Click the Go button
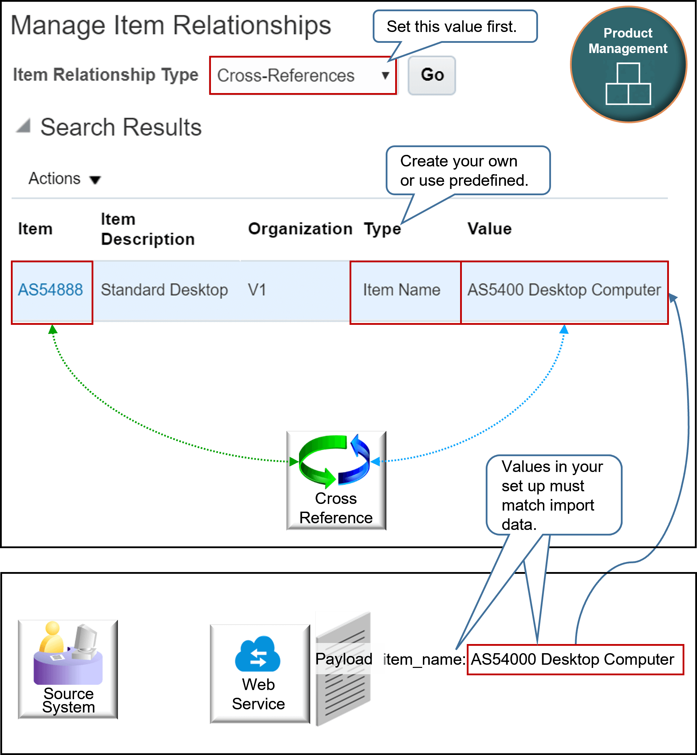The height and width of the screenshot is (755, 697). click(x=432, y=75)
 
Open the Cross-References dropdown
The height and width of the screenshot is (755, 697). click(x=303, y=75)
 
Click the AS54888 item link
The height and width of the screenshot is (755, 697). click(x=51, y=290)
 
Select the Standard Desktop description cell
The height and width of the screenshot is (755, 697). click(x=165, y=290)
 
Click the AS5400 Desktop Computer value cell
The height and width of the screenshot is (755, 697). click(x=564, y=290)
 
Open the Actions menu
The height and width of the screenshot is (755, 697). click(x=65, y=178)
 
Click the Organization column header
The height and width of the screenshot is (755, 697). click(x=300, y=229)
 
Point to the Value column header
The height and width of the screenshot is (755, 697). click(x=490, y=229)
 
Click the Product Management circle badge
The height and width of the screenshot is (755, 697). click(x=628, y=65)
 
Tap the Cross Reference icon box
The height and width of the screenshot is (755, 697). click(x=336, y=480)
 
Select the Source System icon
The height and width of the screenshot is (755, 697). click(x=68, y=669)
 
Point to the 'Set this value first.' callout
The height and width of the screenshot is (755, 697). click(x=455, y=26)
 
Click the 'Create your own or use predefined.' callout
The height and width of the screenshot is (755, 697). click(x=468, y=171)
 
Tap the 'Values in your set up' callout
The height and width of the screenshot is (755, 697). click(x=554, y=495)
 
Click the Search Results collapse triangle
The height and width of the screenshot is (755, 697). click(x=24, y=126)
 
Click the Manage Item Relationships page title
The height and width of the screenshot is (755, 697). click(x=171, y=26)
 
